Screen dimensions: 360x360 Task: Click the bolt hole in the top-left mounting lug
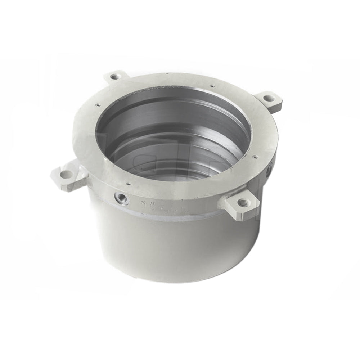(114, 76)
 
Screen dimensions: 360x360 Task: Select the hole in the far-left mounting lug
(66, 175)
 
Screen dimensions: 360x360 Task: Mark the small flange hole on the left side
(98, 105)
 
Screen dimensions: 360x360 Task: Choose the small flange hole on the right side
(255, 157)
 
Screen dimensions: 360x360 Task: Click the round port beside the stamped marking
(120, 198)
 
